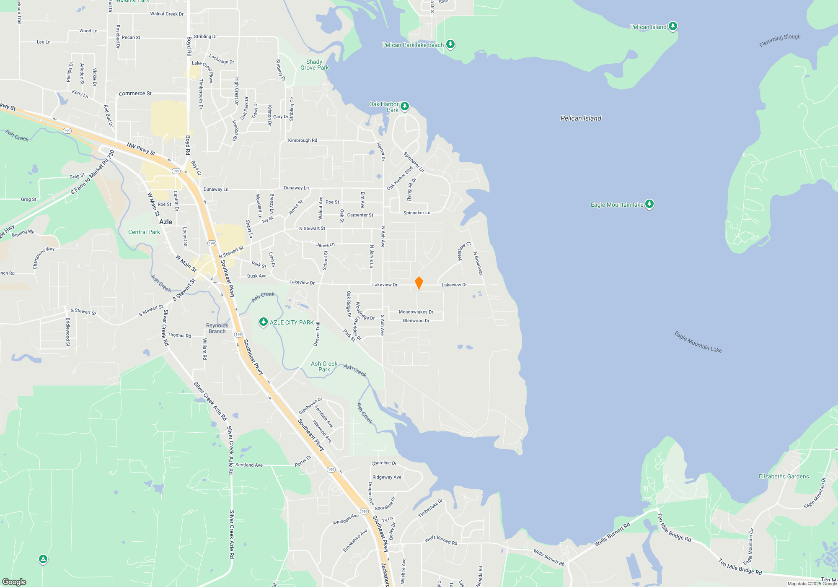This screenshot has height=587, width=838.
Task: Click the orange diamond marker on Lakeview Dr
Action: pyautogui.click(x=419, y=283)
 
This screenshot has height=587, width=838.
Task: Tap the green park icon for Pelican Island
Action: pyautogui.click(x=672, y=26)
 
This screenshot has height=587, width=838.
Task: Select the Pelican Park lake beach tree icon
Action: pyautogui.click(x=450, y=44)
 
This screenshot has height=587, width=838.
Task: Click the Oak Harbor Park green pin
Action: pyautogui.click(x=405, y=106)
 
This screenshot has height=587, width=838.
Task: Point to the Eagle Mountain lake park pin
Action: pyautogui.click(x=649, y=204)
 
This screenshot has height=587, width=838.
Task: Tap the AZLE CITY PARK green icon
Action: pyautogui.click(x=263, y=322)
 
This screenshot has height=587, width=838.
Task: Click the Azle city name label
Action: pyautogui.click(x=166, y=222)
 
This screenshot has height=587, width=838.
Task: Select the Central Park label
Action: pyautogui.click(x=144, y=232)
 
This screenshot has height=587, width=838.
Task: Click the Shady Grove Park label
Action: pyautogui.click(x=314, y=65)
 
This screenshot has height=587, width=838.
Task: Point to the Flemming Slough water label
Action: pyautogui.click(x=780, y=40)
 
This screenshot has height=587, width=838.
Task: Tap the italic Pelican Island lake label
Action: pyautogui.click(x=581, y=118)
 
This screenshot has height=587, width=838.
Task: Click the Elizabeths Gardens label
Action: pyautogui.click(x=784, y=476)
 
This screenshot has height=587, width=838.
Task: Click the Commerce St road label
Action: pyautogui.click(x=135, y=94)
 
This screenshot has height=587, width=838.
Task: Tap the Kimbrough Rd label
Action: pyautogui.click(x=303, y=140)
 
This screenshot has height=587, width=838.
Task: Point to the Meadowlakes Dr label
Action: pyautogui.click(x=416, y=312)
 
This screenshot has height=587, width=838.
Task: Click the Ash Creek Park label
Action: pyautogui.click(x=324, y=366)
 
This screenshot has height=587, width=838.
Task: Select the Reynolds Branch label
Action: pyautogui.click(x=217, y=328)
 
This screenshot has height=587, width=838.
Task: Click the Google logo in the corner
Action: pyautogui.click(x=14, y=582)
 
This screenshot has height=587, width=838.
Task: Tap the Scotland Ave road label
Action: pyautogui.click(x=249, y=465)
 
